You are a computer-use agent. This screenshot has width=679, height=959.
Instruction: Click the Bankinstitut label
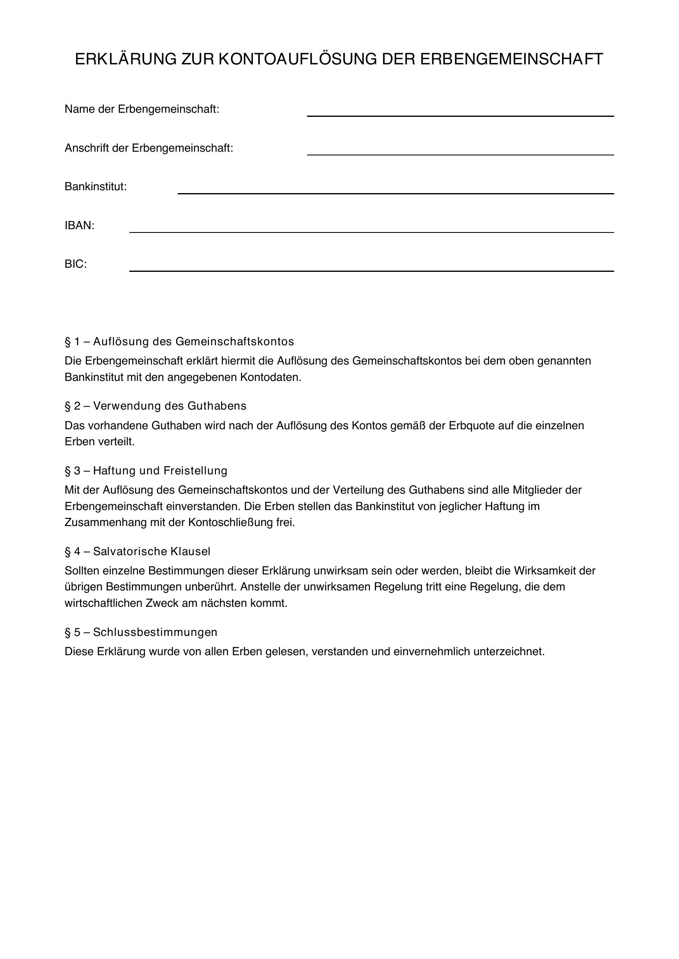pyautogui.click(x=95, y=187)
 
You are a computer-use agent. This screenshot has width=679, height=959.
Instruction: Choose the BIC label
pyautogui.click(x=76, y=264)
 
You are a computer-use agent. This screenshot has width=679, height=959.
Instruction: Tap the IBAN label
pyautogui.click(x=80, y=226)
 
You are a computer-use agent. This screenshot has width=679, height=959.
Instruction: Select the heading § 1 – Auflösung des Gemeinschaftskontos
pyautogui.click(x=179, y=342)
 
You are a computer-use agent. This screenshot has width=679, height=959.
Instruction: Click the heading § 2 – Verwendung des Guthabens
pyautogui.click(x=156, y=406)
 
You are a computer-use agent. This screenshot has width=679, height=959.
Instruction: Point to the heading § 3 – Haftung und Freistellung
pyautogui.click(x=146, y=471)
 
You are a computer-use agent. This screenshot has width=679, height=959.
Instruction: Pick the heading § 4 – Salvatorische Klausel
pyautogui.click(x=138, y=551)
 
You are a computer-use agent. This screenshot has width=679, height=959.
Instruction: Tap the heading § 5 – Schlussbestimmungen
pyautogui.click(x=141, y=632)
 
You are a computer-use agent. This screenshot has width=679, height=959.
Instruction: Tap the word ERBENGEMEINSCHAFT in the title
pyautogui.click(x=512, y=59)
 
